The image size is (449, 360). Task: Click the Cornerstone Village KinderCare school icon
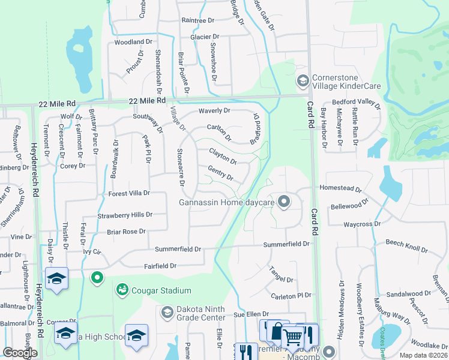[303, 80]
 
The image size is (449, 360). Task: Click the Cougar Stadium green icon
[122, 289]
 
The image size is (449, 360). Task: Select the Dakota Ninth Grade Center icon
[167, 312]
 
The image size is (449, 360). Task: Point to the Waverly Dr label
[215, 110]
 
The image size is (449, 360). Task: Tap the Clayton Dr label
[223, 157]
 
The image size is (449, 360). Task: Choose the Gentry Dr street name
[220, 173]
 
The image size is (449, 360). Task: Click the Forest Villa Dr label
[128, 194]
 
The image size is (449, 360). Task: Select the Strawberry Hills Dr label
[125, 214]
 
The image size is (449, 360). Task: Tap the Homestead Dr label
[341, 188]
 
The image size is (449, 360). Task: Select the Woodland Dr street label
[133, 42]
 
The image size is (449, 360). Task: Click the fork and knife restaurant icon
[246, 351]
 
